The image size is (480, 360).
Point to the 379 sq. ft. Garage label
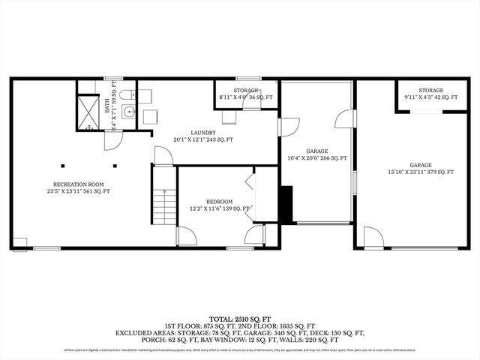(421, 169)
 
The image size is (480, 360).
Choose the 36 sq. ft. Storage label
(245, 94)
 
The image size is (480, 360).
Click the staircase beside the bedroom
(163, 196)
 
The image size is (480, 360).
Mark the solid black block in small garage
(286, 203)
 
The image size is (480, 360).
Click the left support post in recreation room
(64, 166)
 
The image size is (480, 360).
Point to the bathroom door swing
(112, 140)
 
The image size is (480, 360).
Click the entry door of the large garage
(373, 237)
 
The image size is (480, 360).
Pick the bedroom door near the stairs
(186, 236)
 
